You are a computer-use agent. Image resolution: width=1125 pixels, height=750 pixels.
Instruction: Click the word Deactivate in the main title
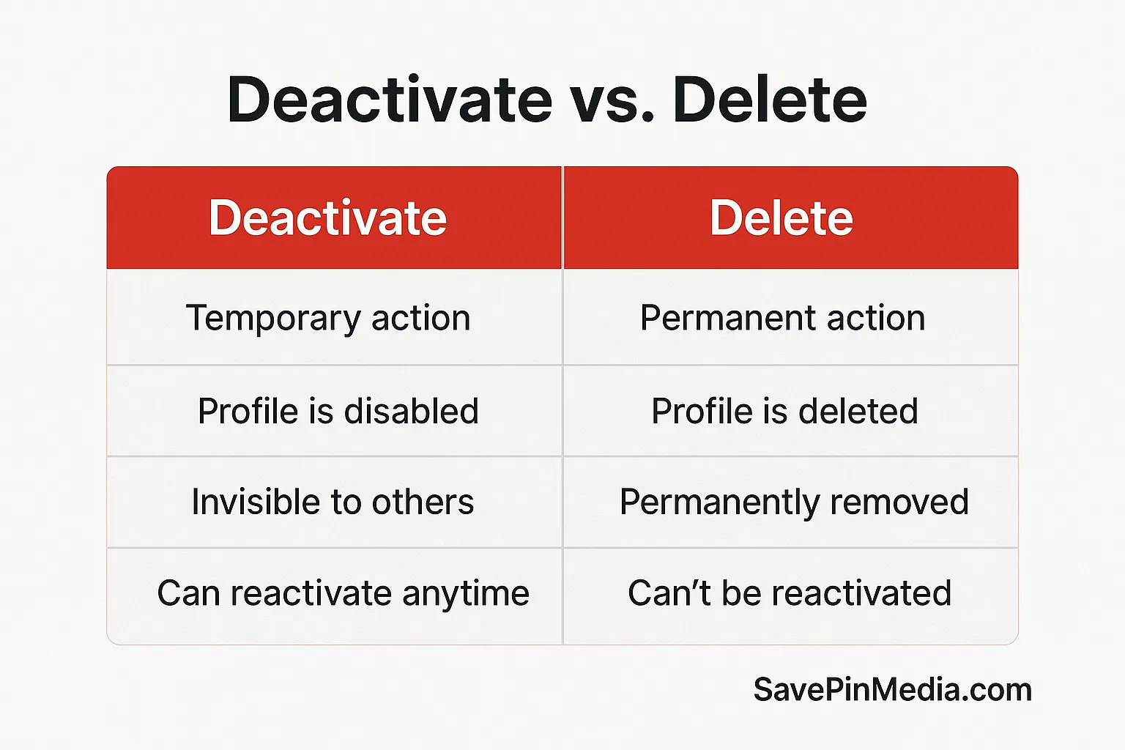[x=390, y=99]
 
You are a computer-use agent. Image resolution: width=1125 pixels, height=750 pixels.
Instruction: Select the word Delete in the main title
[x=771, y=99]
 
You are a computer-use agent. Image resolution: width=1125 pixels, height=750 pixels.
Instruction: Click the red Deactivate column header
[x=334, y=218]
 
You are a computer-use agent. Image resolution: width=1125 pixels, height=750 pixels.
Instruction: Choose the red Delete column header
[x=791, y=218]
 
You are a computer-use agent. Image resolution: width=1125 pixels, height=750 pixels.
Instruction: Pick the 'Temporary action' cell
[x=334, y=317]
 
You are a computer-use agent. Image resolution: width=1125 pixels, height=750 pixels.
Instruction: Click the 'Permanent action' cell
[x=791, y=317]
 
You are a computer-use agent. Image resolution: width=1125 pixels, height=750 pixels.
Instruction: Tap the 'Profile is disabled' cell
[x=334, y=411]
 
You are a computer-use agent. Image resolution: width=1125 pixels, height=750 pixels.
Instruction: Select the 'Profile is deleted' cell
[x=791, y=411]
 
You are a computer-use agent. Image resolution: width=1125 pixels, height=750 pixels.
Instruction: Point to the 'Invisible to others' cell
[x=334, y=502]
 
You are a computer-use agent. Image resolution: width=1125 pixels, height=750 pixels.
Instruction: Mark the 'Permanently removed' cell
[x=791, y=502]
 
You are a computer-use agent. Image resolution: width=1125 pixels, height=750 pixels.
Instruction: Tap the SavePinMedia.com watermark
[x=893, y=690]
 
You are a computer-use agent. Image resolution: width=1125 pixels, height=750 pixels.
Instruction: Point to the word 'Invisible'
[x=256, y=501]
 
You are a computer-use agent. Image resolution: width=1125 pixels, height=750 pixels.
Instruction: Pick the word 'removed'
[x=899, y=502]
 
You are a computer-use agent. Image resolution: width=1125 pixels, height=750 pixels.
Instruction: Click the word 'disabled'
[x=412, y=410]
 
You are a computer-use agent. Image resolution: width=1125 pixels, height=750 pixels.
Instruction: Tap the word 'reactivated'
[x=861, y=593]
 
